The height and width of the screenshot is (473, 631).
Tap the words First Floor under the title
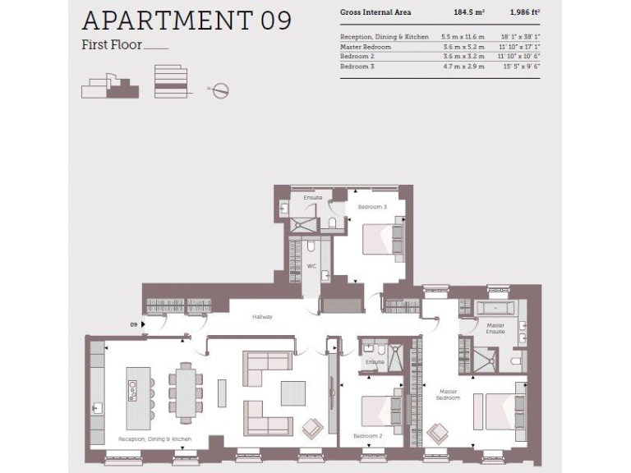click(x=111, y=44)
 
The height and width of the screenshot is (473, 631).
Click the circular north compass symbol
click(x=219, y=90)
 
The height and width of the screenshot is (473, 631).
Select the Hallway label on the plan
click(x=262, y=316)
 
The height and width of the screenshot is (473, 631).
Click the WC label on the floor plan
click(x=311, y=266)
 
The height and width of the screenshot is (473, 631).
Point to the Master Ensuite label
click(x=495, y=328)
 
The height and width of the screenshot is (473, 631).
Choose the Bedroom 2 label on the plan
click(x=367, y=435)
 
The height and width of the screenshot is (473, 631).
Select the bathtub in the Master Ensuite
click(x=495, y=309)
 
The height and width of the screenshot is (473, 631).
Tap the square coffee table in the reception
click(x=292, y=393)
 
